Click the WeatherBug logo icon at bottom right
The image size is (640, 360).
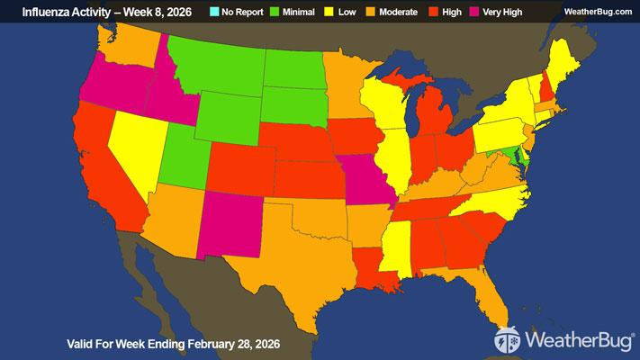pyautogui.click(x=508, y=340)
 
